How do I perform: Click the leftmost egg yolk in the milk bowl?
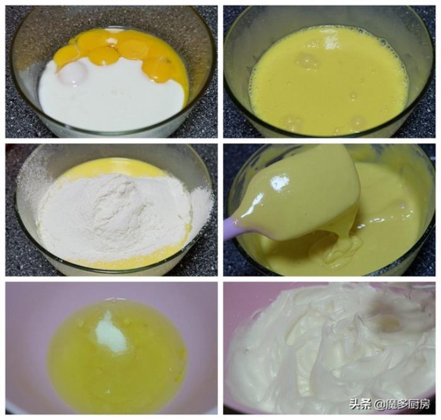tap(66, 56)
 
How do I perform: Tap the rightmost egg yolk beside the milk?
tap(157, 68)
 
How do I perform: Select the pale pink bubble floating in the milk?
tap(72, 73)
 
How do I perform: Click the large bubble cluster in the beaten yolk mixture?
tap(307, 61)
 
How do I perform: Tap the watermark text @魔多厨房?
tap(403, 404)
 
